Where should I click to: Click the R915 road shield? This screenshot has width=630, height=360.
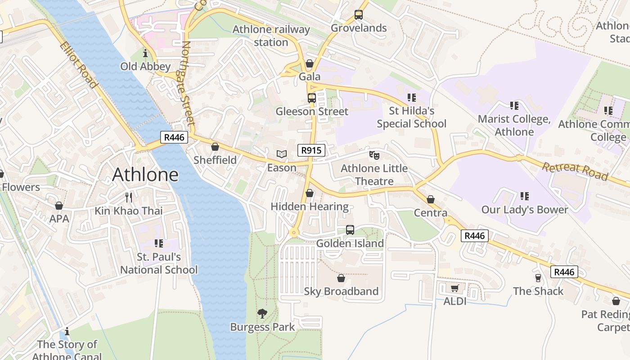311,150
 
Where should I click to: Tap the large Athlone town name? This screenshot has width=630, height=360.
145,175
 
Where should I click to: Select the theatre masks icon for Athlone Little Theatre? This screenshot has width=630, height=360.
374,155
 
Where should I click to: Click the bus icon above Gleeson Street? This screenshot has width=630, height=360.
311,98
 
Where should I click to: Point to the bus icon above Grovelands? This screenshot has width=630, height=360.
358,14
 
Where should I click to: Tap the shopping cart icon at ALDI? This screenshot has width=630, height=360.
454,288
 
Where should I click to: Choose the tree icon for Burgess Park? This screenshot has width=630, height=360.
262,314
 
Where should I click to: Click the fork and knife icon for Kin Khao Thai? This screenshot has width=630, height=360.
129,197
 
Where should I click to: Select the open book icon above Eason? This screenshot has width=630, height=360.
282,154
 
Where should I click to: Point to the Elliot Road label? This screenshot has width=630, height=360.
78,65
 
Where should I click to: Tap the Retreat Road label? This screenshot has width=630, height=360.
575,171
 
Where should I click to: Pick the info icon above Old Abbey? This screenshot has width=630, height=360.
145,54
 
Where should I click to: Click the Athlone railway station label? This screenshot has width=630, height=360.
271,36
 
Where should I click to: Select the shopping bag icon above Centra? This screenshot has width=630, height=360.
431,199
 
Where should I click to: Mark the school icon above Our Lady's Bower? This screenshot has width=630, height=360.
524,196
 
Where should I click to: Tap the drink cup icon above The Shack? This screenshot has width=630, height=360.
538,278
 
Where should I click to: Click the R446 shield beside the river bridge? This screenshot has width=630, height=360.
174,137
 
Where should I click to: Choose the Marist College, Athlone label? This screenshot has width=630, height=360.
514,126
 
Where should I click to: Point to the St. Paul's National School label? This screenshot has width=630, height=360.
158,263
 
